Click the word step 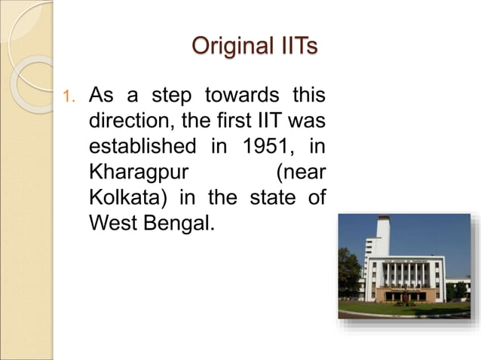172,96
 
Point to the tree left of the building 348,271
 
